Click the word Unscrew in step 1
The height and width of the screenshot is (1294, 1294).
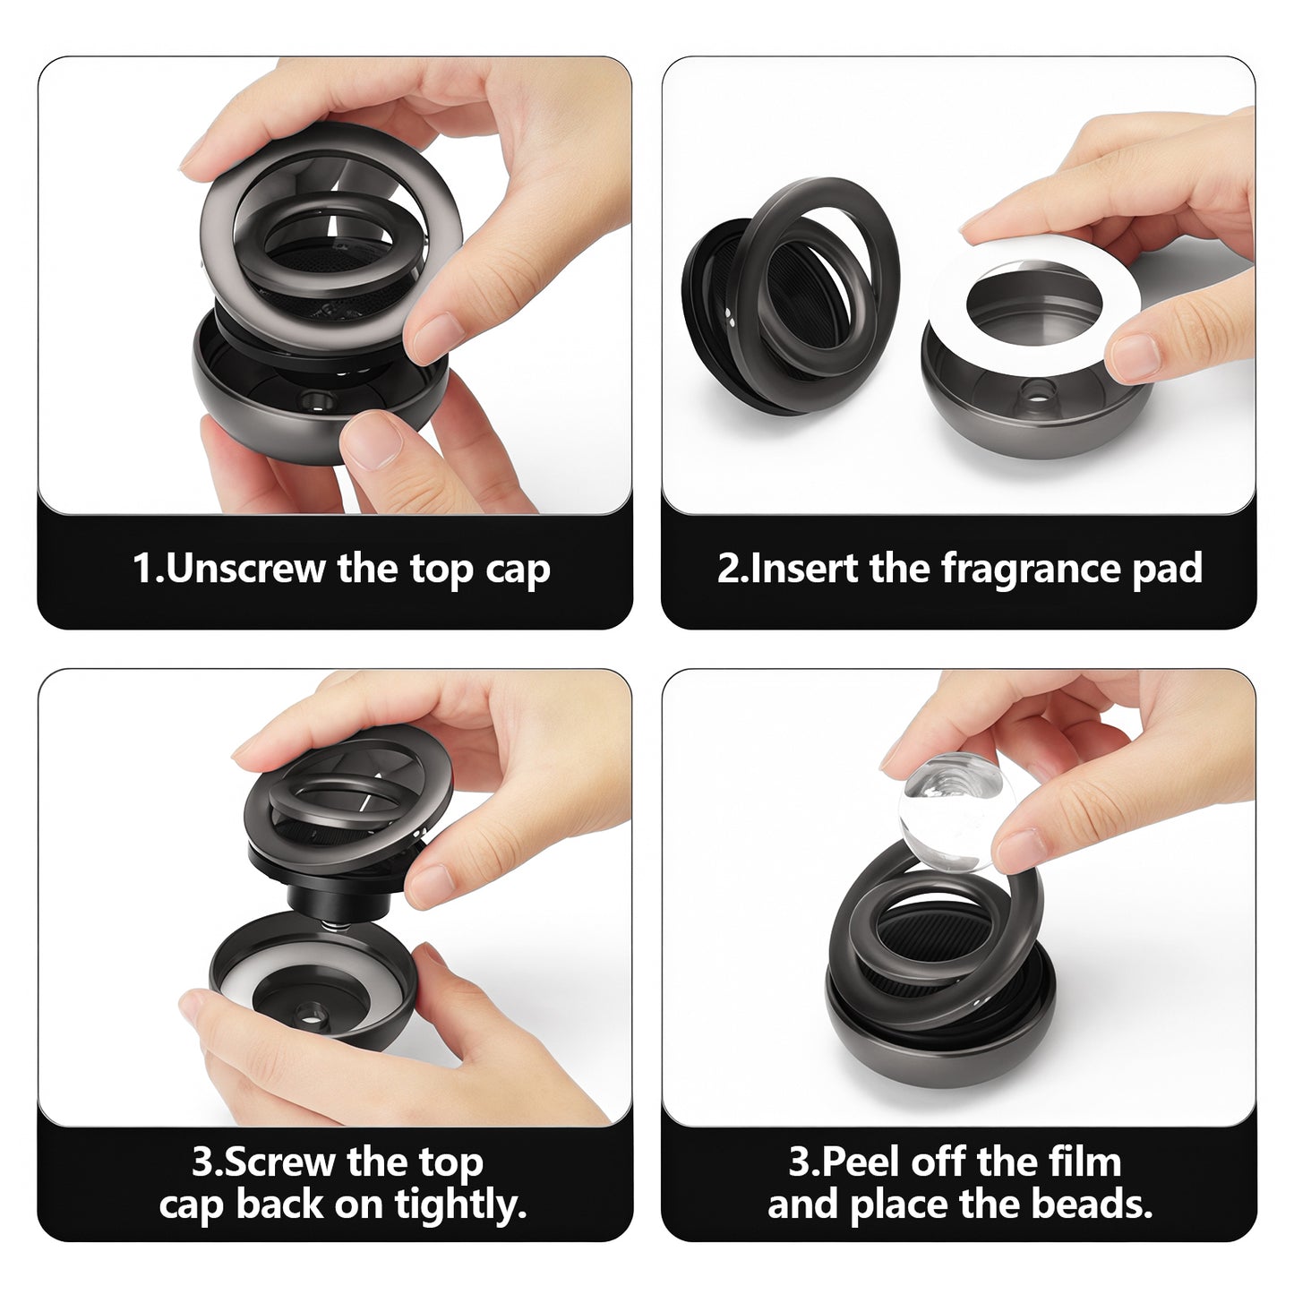pyautogui.click(x=246, y=569)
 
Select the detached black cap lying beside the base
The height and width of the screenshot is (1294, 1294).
pyautogui.click(x=789, y=296)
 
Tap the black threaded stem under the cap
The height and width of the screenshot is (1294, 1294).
pyautogui.click(x=341, y=903)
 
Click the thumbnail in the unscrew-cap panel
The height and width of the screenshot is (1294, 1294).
pyautogui.click(x=372, y=441)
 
